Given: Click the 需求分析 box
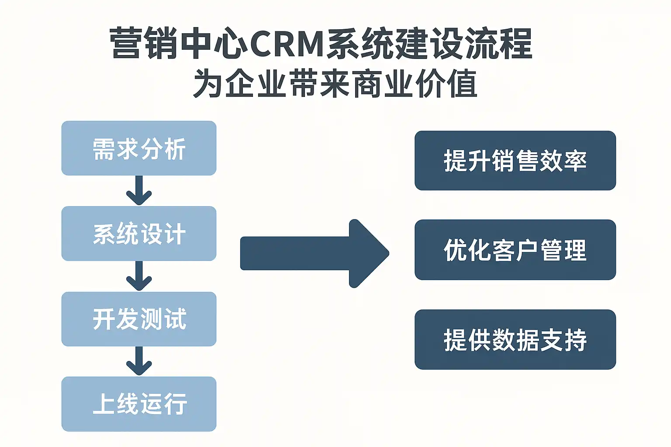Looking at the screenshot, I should click(x=139, y=148).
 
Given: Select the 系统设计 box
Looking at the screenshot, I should click(x=139, y=234).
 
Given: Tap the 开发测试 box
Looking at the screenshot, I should click(x=139, y=319).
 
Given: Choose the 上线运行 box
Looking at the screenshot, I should click(x=139, y=404).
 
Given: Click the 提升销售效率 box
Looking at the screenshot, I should click(x=515, y=161).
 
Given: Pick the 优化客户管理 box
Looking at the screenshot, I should click(x=515, y=250).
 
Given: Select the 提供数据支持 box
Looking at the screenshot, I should click(x=515, y=340).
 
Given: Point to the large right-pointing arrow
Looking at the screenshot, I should click(x=315, y=254).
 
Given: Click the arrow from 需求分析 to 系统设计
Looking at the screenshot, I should click(x=139, y=191).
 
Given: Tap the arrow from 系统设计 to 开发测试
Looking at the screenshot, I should click(x=139, y=277).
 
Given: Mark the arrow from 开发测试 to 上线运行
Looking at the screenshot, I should click(x=139, y=361).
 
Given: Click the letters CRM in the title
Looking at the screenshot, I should click(x=286, y=44).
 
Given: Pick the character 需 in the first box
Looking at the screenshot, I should click(x=104, y=149).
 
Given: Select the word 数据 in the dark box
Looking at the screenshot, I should click(x=515, y=340).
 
